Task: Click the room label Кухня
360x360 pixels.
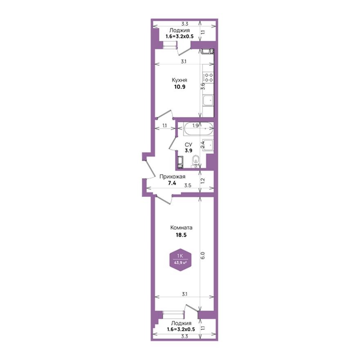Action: click(x=180, y=81)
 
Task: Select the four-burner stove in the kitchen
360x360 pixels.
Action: click(x=209, y=77)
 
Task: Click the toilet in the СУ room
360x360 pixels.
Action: click(x=195, y=161)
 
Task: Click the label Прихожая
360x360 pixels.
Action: click(x=173, y=177)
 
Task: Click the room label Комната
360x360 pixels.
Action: click(x=182, y=228)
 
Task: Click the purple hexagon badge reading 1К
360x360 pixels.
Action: click(x=180, y=259)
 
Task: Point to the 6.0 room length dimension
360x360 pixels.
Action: click(x=202, y=256)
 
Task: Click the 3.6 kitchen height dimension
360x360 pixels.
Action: click(x=202, y=86)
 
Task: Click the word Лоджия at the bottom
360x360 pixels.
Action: click(x=180, y=323)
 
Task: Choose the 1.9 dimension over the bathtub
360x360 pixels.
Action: click(x=196, y=126)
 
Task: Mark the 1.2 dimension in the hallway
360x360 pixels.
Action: click(x=202, y=180)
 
